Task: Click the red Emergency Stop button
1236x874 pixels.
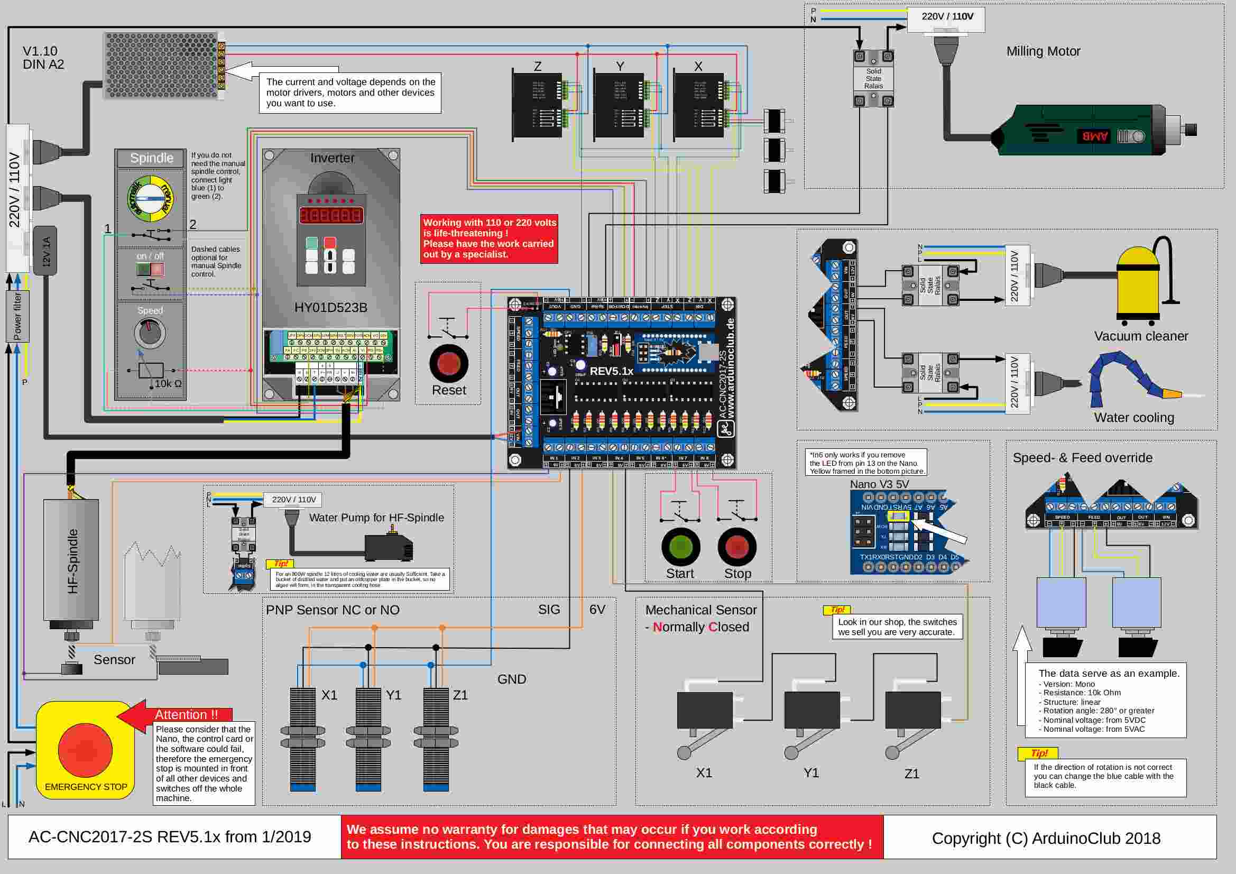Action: click(85, 750)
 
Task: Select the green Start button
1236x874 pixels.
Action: click(680, 547)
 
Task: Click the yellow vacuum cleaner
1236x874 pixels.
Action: click(1138, 286)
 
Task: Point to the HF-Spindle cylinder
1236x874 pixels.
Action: click(71, 560)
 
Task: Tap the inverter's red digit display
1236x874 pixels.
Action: click(330, 215)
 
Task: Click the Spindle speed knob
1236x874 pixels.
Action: click(150, 333)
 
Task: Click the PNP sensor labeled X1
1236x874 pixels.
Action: click(302, 738)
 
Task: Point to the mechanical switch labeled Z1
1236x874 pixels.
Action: click(913, 711)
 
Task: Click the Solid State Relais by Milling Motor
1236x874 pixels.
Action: click(873, 79)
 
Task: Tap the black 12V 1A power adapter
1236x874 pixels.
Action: click(45, 251)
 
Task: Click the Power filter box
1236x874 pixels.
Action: click(18, 317)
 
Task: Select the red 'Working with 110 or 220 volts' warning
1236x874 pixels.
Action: click(489, 238)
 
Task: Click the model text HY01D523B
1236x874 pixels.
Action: click(330, 308)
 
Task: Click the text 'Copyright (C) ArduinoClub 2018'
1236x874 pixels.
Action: click(1046, 839)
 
